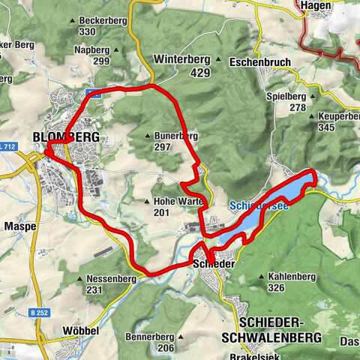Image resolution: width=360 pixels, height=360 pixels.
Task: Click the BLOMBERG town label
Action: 66,137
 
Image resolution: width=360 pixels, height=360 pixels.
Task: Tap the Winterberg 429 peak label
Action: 181,65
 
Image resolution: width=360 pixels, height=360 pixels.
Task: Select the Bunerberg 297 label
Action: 173,142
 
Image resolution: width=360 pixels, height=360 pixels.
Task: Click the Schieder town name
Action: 214,265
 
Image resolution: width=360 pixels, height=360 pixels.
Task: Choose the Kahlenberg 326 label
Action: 291,282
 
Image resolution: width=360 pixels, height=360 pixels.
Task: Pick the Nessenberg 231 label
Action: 105,284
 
